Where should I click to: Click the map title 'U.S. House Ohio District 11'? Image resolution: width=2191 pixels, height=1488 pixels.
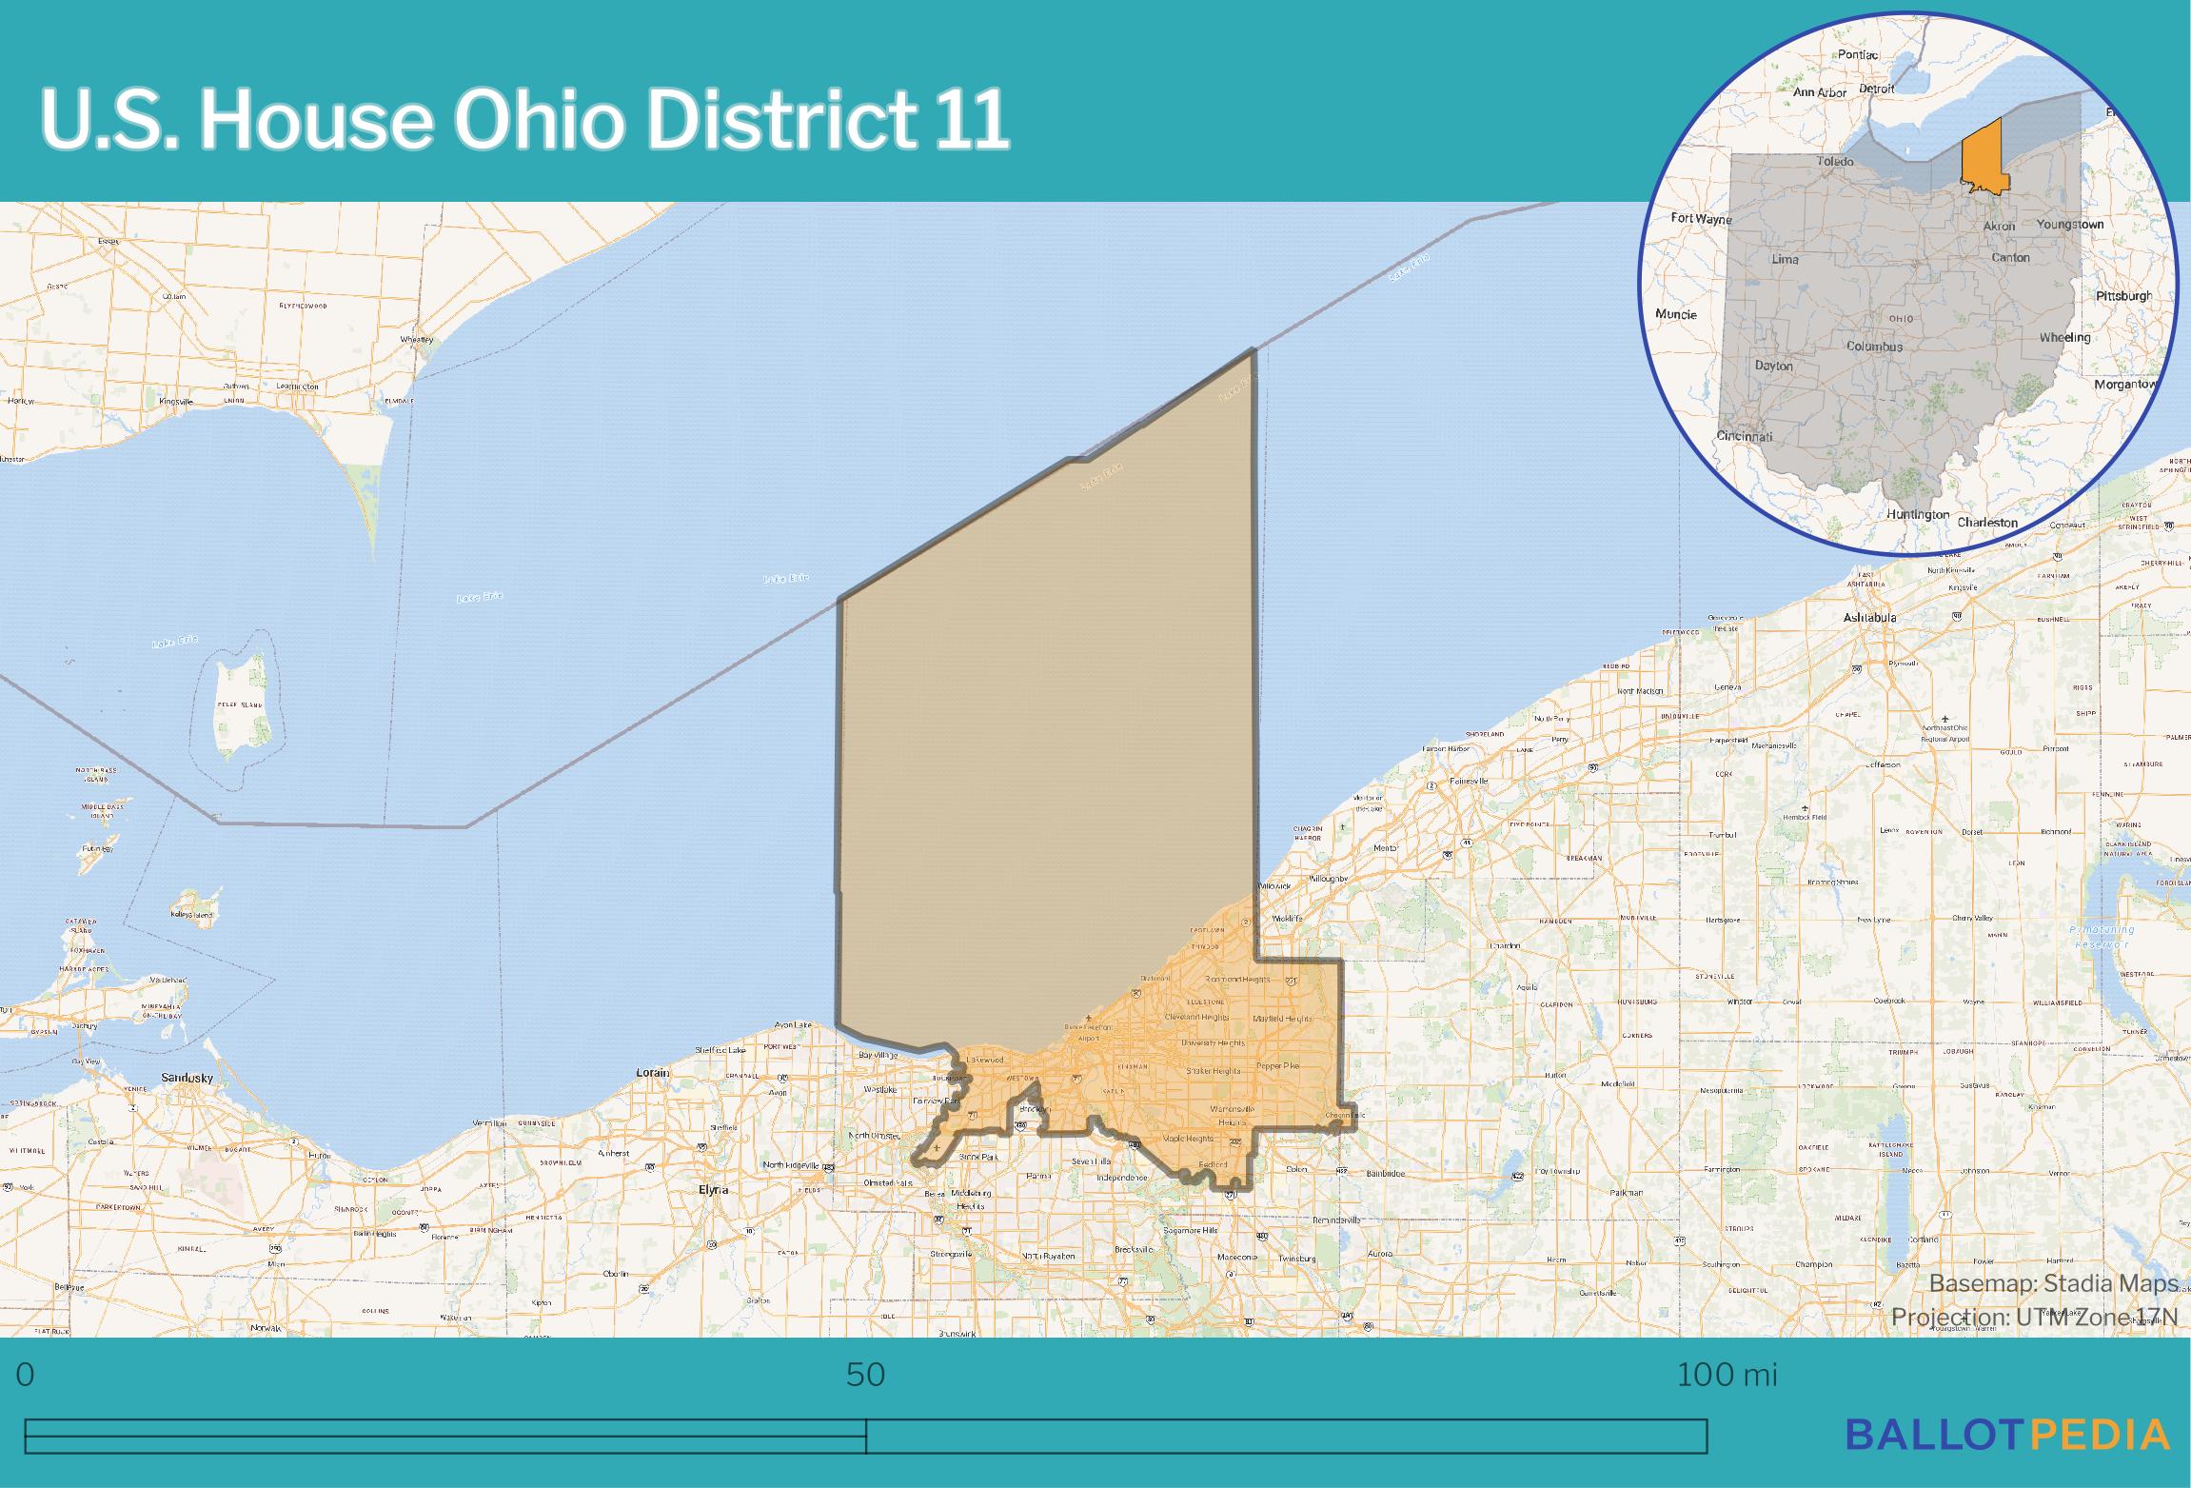pos(523,122)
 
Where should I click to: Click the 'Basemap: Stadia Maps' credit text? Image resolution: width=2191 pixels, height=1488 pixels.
pos(2053,1283)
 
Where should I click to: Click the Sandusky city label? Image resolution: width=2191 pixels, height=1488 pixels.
pos(188,1078)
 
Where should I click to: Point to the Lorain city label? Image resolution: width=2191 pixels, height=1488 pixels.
pos(653,1073)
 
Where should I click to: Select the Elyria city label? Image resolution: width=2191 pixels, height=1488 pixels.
pos(713,1190)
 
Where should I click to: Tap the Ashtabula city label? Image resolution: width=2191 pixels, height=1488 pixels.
pos(1869,618)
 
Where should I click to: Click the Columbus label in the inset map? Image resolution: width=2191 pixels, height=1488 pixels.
pos(1874,347)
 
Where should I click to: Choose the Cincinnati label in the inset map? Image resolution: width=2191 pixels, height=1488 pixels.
pos(1745,437)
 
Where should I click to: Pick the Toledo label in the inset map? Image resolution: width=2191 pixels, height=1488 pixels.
pos(1835,162)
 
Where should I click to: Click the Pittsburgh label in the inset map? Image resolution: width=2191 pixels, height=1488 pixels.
pos(2123,296)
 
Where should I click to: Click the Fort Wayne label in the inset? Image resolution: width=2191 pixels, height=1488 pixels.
pos(1702,219)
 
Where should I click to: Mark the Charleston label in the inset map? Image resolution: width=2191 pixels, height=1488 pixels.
pos(1987,523)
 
